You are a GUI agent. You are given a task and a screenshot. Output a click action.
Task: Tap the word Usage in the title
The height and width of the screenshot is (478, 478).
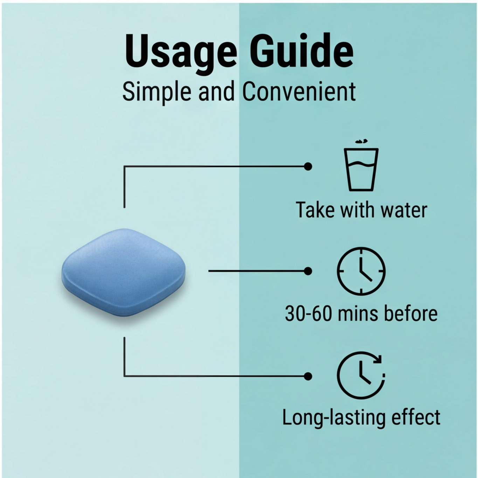[x=181, y=55]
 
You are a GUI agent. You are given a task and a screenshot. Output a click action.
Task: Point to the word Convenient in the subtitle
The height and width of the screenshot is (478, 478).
[x=299, y=91]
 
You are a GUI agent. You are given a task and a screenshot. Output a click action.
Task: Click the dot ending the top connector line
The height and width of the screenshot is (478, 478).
[x=308, y=167]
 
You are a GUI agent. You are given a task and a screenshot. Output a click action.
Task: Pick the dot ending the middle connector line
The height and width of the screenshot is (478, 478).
[x=308, y=271]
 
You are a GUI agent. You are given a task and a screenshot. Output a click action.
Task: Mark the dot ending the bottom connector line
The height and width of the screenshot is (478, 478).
[x=308, y=376]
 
